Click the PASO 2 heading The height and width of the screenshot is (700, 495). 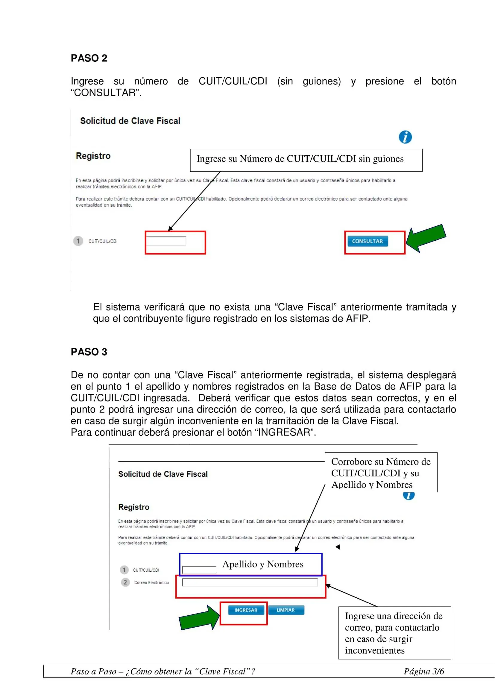click(89, 58)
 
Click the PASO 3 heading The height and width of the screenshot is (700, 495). click(89, 352)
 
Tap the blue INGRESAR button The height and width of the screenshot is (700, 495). click(246, 610)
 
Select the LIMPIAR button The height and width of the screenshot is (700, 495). click(286, 610)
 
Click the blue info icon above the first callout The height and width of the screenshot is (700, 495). click(405, 137)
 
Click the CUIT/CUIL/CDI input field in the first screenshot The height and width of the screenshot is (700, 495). click(166, 241)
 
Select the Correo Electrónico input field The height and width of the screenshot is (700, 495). click(250, 582)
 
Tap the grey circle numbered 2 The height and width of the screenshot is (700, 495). click(125, 582)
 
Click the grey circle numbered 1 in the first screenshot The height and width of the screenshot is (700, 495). click(78, 241)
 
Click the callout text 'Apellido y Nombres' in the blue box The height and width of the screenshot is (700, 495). click(263, 564)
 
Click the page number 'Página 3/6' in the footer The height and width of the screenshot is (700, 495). click(424, 671)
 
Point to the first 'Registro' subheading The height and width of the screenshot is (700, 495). click(93, 156)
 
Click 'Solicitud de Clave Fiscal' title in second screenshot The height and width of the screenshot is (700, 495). click(163, 474)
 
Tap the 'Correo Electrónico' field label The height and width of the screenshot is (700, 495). click(151, 583)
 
